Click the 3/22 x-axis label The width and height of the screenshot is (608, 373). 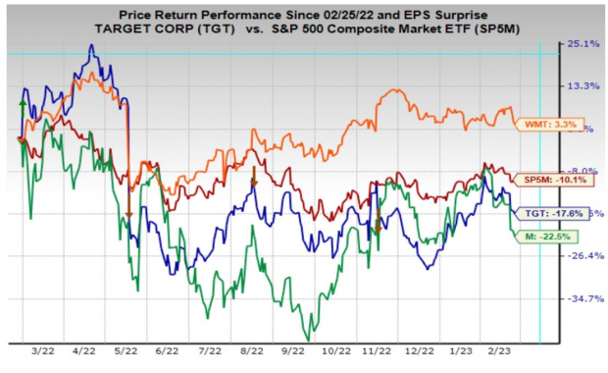41,349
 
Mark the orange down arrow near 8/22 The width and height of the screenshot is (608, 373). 254,178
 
